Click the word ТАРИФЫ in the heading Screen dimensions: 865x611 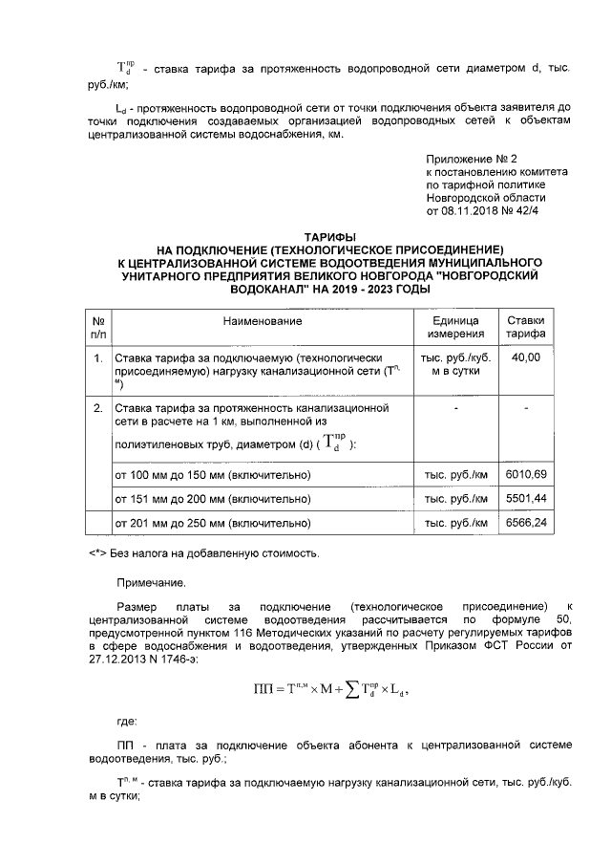(329, 235)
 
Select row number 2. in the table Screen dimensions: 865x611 (97, 408)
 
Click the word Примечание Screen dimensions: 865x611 (151, 581)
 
